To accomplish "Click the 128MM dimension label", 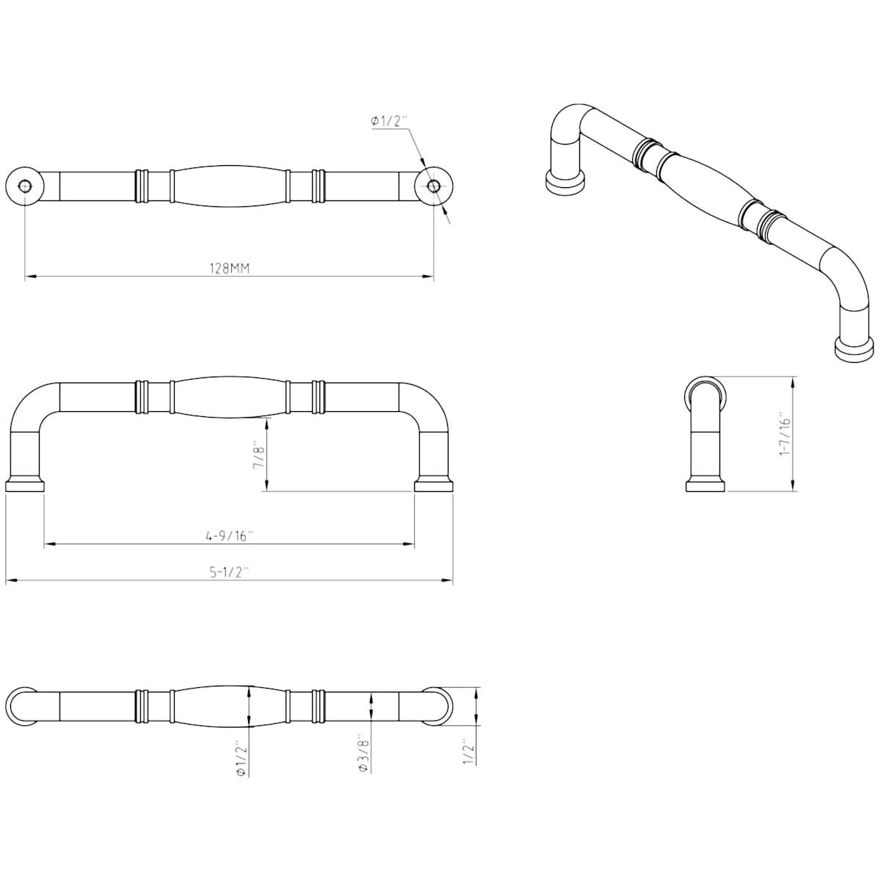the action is pyautogui.click(x=230, y=269).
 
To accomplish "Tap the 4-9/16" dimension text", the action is pyautogui.click(x=230, y=536).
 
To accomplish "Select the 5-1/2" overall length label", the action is pyautogui.click(x=230, y=572).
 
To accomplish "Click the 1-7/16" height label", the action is pyautogui.click(x=785, y=435).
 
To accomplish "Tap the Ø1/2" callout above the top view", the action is pyautogui.click(x=389, y=121).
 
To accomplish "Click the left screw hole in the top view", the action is pyautogui.click(x=25, y=185).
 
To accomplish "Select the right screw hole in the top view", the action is pyautogui.click(x=433, y=185).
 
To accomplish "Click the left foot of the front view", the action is pyautogui.click(x=25, y=485).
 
